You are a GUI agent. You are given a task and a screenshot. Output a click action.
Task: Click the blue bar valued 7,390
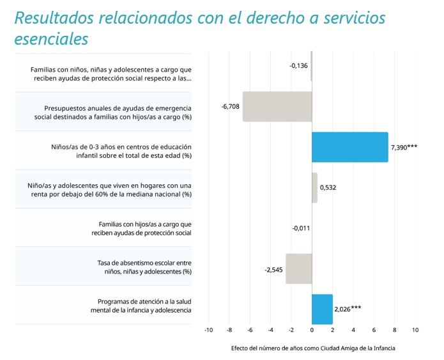coord(350,147)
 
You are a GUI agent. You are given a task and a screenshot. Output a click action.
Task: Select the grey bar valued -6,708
coord(277,107)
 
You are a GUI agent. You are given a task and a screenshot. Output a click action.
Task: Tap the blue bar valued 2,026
coord(322,309)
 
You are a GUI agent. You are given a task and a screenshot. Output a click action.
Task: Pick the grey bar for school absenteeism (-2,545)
coord(299,269)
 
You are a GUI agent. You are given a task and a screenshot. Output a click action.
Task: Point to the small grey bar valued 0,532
coord(314,187)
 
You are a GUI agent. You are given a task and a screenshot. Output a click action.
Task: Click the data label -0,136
coord(298,66)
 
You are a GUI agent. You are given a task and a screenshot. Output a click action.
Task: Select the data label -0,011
coord(301,228)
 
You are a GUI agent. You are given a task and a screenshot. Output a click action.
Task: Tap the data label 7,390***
coord(404,147)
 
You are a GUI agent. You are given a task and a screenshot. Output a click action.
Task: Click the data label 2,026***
coord(348,309)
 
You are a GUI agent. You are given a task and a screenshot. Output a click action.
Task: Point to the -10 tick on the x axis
coord(208,330)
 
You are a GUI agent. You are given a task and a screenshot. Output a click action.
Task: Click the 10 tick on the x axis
coord(415,330)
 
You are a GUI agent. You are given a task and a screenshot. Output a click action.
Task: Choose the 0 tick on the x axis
coord(312,330)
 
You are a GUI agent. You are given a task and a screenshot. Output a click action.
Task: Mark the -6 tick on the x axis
coord(250,330)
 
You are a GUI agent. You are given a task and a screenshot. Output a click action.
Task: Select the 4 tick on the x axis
coord(353,330)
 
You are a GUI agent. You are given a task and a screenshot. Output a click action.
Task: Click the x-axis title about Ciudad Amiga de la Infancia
coord(313,348)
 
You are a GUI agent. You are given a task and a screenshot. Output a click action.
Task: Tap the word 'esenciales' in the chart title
coord(51,38)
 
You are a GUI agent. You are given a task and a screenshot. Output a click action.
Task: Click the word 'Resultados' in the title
coord(54,17)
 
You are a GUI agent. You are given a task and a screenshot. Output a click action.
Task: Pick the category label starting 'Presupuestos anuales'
coord(112,113)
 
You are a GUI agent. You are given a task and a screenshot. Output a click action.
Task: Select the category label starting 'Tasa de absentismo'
coord(144,267)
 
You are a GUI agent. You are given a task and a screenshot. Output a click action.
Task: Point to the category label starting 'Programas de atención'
coord(141,306)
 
